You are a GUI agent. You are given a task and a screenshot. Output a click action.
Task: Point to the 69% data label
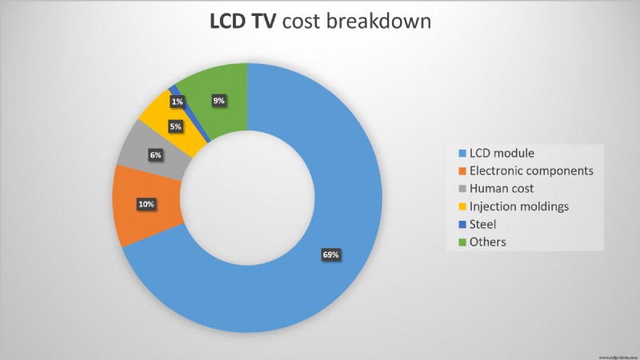[331, 255]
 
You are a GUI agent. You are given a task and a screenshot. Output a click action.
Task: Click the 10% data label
[146, 205]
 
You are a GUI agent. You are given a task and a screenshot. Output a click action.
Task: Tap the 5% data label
[175, 126]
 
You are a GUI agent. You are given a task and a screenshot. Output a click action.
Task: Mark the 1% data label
[177, 102]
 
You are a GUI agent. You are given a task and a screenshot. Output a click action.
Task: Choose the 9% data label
[218, 101]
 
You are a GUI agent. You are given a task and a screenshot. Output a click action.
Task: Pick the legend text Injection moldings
[519, 206]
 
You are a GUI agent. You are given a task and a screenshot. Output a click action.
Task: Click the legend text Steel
[482, 224]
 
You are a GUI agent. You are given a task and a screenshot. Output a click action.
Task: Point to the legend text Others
[488, 242]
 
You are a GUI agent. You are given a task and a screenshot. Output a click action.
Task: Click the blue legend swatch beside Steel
[462, 224]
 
